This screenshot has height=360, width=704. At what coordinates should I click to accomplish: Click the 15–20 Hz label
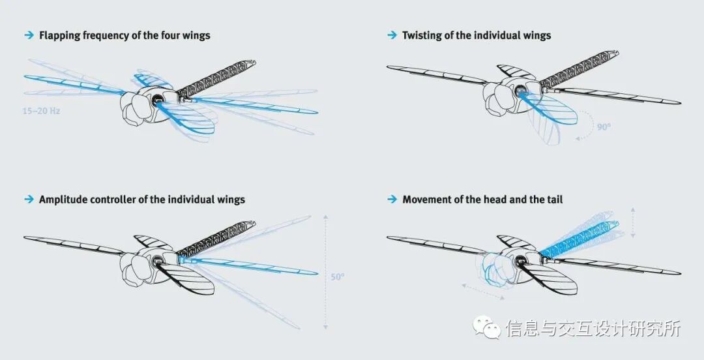(x=41, y=112)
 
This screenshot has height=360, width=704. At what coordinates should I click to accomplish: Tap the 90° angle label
(x=604, y=127)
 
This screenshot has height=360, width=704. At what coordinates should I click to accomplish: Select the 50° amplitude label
(x=337, y=277)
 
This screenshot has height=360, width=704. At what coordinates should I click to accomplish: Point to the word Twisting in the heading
(x=422, y=35)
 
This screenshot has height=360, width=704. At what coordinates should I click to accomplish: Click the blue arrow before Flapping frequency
(x=29, y=35)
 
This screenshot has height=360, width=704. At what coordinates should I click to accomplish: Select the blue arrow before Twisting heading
(x=392, y=35)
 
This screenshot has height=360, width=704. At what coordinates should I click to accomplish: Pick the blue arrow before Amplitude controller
(x=29, y=199)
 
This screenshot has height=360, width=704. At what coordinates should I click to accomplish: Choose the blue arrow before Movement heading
(x=392, y=199)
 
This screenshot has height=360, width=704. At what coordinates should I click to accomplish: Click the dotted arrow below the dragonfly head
(x=483, y=291)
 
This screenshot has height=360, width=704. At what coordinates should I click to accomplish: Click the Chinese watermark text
(x=593, y=328)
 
